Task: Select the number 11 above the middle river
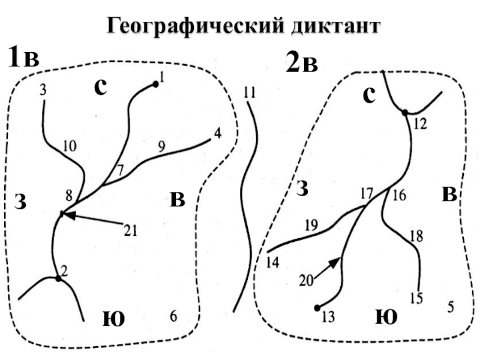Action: (x=250, y=92)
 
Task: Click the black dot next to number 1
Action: (x=155, y=85)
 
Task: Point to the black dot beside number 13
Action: (x=317, y=308)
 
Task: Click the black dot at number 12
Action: (x=405, y=112)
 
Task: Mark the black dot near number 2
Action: (x=58, y=278)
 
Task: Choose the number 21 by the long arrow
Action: (x=131, y=229)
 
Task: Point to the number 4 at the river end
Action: (x=217, y=133)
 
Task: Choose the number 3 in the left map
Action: (x=43, y=90)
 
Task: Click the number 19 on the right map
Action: (x=311, y=226)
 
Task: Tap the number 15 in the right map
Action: (x=416, y=298)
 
